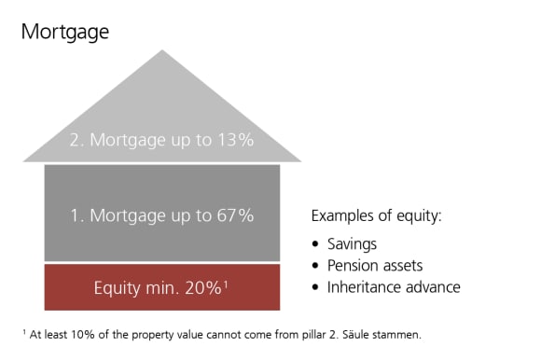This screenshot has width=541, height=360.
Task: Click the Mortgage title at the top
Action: (64, 33)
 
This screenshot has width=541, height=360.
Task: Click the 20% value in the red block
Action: (202, 288)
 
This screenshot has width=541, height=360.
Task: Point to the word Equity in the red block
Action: (117, 288)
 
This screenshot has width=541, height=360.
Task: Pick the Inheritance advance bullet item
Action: (394, 286)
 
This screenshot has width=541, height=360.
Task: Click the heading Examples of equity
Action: (376, 216)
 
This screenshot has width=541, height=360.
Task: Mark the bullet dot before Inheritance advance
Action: (317, 287)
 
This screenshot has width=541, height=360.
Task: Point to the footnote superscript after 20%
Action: (226, 283)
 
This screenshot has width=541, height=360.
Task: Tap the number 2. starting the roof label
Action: (77, 142)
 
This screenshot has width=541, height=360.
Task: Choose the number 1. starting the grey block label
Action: (77, 215)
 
